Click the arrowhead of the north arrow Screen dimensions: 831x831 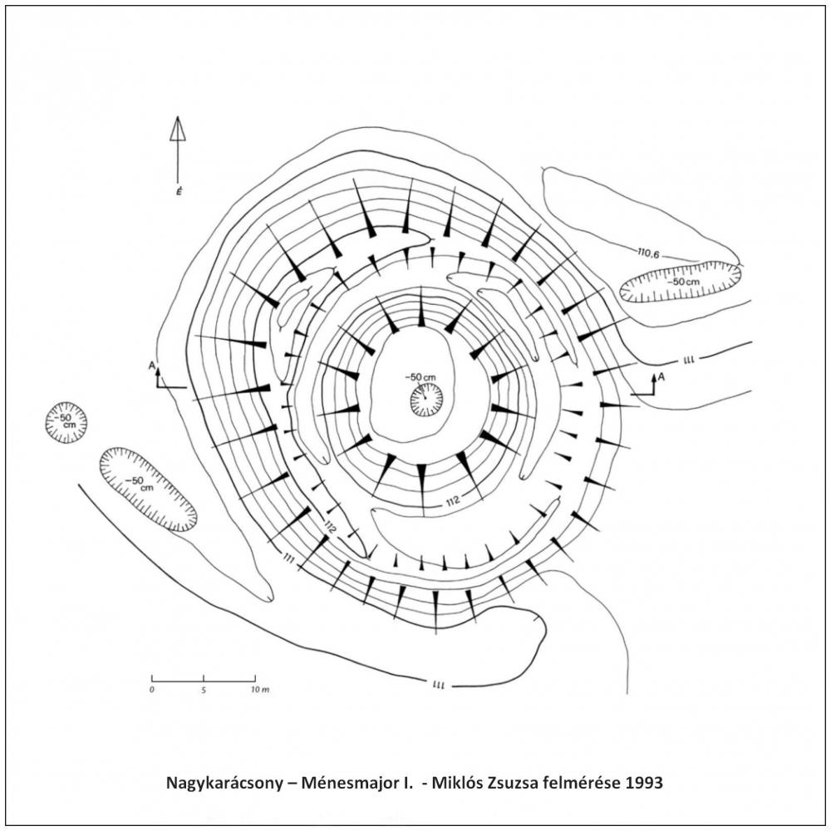point(177,128)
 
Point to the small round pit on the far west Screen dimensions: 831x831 point(66,422)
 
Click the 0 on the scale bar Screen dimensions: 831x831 point(152,691)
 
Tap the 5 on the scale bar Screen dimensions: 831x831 point(204,691)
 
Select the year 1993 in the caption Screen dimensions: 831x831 point(646,783)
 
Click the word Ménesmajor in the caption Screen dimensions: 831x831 point(353,783)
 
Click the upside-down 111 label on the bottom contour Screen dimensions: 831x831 point(440,685)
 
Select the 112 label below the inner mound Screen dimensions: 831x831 point(450,500)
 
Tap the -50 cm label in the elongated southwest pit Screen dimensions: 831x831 point(140,484)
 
